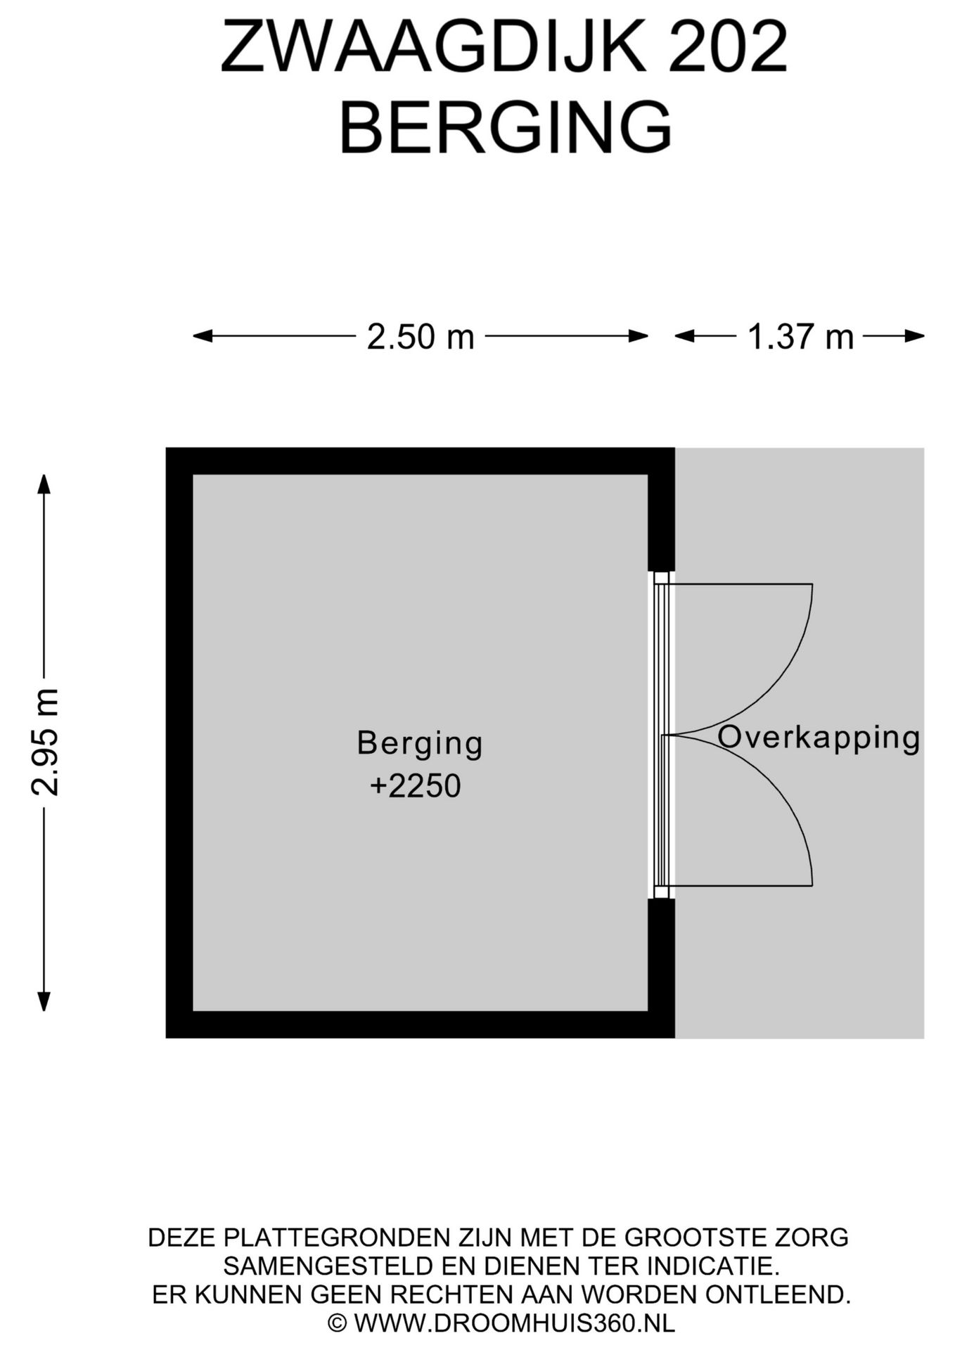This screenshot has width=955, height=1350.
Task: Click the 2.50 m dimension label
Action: coord(421,337)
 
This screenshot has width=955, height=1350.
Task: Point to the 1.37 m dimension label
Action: coord(800,337)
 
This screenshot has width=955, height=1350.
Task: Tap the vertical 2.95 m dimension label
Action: coord(45,742)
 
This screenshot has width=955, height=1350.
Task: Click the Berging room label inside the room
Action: coord(420,745)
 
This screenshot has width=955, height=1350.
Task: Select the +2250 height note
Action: coord(416,785)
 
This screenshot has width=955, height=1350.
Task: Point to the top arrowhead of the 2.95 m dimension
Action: coord(44,484)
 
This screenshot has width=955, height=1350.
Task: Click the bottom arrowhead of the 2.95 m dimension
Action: coord(44,1001)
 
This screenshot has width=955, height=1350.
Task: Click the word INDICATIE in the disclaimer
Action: coord(713,1266)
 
